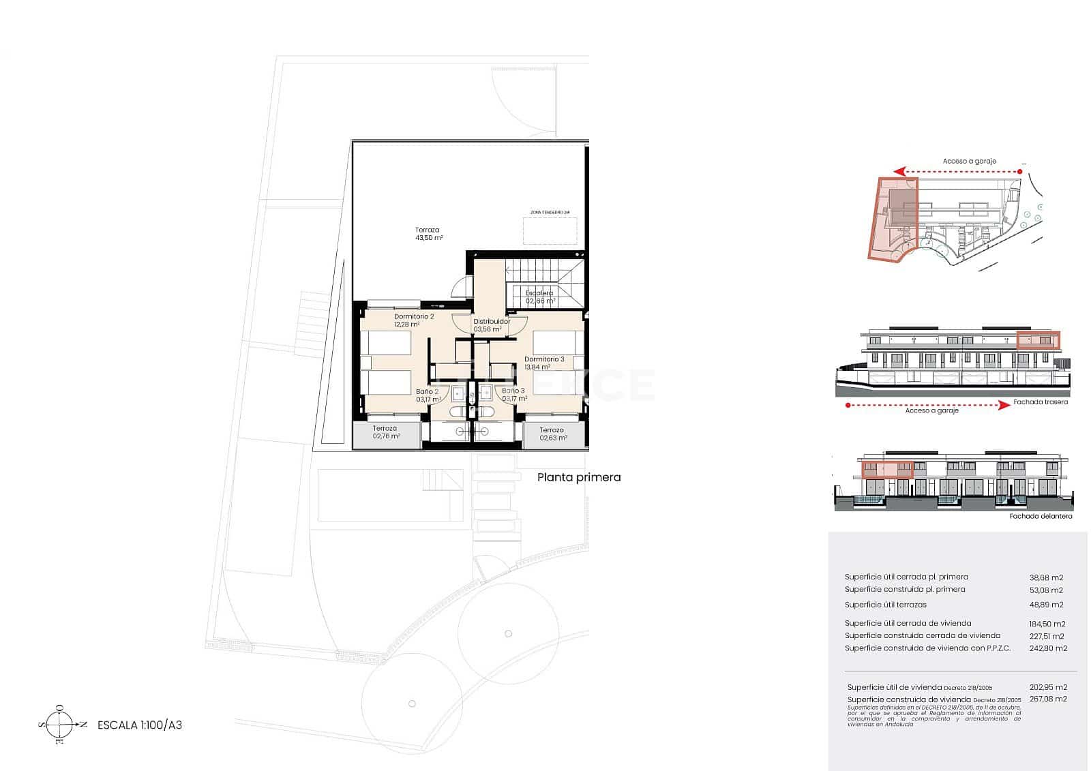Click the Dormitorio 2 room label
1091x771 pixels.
413,317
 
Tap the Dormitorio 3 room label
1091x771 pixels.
543,359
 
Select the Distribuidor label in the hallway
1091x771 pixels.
491,322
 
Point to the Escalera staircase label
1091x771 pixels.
539,294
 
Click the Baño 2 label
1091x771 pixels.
427,392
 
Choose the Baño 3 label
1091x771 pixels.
513,391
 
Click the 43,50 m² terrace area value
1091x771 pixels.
429,239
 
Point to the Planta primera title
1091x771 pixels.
579,478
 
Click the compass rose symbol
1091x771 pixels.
61,725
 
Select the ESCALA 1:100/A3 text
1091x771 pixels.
140,725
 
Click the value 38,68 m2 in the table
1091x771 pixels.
1046,578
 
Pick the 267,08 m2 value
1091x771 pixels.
1047,699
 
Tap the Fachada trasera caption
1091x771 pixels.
1041,402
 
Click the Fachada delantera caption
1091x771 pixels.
1041,517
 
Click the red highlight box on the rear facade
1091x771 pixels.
1038,340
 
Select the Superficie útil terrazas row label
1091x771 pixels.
885,605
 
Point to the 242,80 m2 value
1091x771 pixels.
1047,649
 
